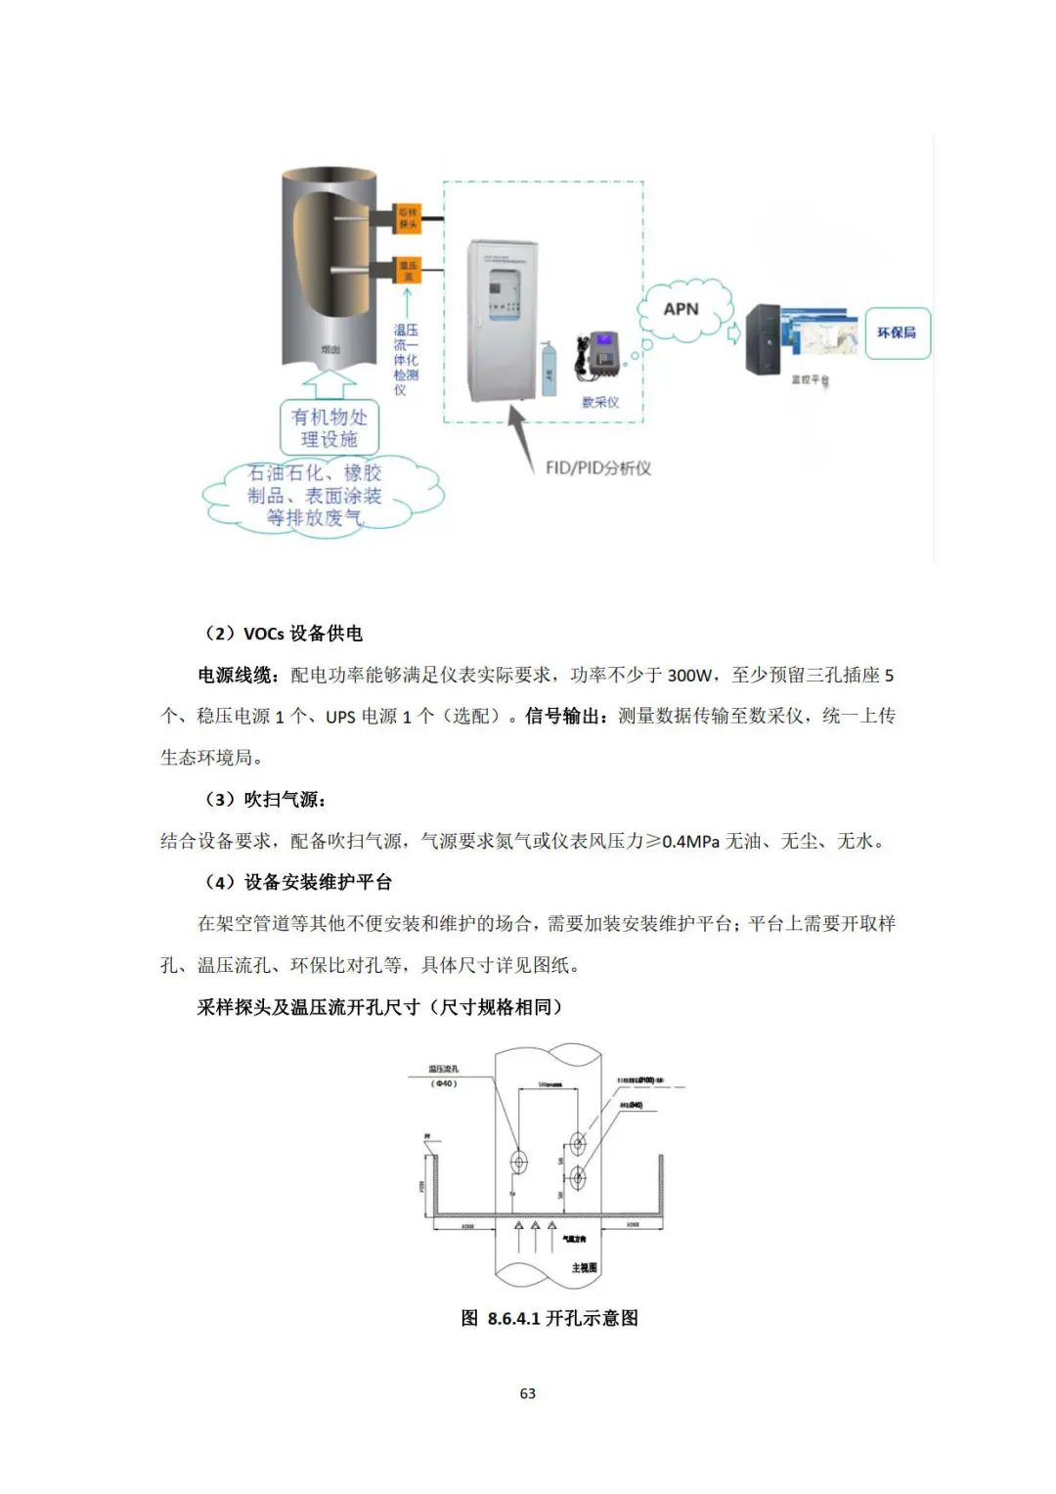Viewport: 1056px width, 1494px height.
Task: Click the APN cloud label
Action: [x=682, y=309]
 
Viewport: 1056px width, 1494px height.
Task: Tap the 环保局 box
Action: [x=896, y=332]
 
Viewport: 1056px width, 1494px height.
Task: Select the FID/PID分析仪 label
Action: [x=598, y=467]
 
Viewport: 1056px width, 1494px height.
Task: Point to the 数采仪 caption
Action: [x=600, y=402]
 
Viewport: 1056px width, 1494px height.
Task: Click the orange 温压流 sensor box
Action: [x=408, y=271]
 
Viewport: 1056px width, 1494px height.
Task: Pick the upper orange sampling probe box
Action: [x=408, y=219]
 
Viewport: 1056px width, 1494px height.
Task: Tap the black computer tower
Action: [x=763, y=338]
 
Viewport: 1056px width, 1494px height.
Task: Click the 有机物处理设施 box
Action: [x=330, y=428]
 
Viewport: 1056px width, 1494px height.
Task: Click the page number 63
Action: [x=528, y=1393]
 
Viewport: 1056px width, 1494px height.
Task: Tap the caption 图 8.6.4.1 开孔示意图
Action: [x=550, y=1318]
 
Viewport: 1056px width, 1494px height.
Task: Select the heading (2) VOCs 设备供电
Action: [x=283, y=634]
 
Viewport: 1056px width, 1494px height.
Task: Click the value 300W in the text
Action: [x=689, y=676]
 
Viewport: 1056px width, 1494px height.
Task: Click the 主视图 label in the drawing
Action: [x=584, y=1267]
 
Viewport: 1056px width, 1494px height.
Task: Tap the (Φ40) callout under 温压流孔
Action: [x=444, y=1083]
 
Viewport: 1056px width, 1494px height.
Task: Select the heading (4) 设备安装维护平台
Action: [x=297, y=883]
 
